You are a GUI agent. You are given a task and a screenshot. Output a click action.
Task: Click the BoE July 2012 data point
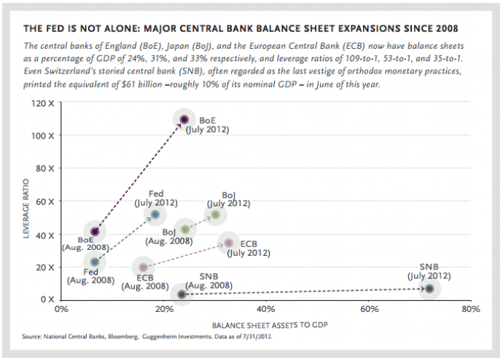pos(184,120)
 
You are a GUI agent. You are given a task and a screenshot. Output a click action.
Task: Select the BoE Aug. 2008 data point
pos(94,232)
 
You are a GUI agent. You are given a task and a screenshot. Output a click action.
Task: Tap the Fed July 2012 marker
pos(155,215)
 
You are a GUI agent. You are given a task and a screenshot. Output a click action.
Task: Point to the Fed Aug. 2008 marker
pos(95,261)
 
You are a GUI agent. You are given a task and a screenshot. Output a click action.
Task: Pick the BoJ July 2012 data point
pos(215,214)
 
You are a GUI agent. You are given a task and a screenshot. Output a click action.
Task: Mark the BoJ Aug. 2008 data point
pos(185,230)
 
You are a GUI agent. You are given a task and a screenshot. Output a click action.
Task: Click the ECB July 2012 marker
pos(229,243)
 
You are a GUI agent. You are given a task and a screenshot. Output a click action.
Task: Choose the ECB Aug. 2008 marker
pos(144,267)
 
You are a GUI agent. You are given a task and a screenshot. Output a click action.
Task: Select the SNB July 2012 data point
pos(429,289)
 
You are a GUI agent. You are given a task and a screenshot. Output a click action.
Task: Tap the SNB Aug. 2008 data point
pos(182,294)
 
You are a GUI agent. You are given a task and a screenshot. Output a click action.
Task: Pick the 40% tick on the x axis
pos(266,309)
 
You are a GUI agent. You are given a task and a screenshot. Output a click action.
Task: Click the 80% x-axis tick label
pos(470,309)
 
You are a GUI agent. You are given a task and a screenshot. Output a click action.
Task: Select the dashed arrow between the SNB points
pos(306,291)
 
